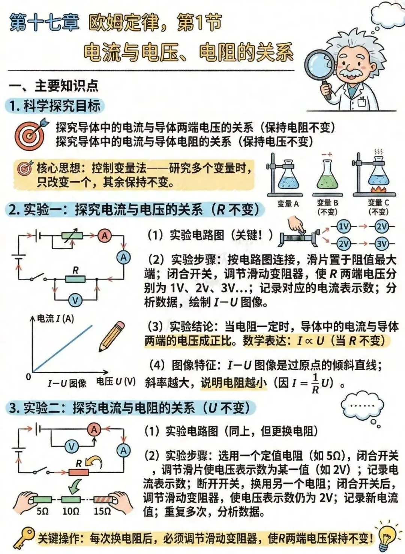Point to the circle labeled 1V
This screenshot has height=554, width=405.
coord(343,226)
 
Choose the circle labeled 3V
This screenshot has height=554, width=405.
coord(381,244)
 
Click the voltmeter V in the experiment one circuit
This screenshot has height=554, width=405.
coord(76,300)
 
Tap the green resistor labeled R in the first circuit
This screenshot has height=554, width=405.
coord(75,279)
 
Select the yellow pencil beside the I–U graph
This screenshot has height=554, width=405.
coord(112,336)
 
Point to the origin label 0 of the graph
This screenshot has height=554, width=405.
coord(28,377)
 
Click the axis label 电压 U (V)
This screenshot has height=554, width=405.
coord(115,381)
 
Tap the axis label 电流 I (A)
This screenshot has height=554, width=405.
coord(55,319)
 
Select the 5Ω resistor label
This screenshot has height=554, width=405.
coord(42,511)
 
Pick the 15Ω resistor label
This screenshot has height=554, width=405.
coord(102,511)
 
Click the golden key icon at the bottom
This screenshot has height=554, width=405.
coord(24,537)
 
